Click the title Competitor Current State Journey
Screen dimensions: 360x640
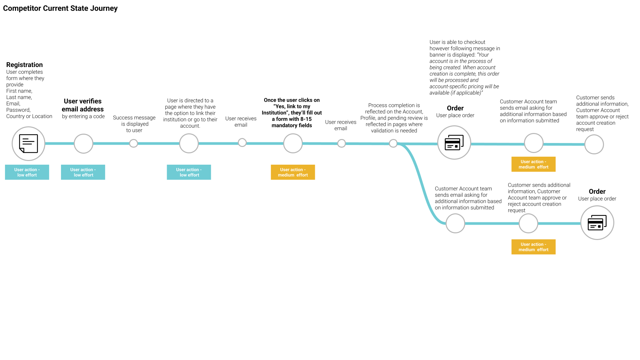(60, 8)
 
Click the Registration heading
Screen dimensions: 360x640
(24, 65)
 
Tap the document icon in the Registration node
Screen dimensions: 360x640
(28, 144)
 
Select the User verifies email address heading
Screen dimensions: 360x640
(83, 105)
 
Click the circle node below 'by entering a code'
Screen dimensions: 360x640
(83, 144)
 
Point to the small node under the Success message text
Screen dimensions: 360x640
(133, 143)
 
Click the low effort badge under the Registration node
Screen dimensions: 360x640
(27, 172)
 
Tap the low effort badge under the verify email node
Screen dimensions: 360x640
(83, 172)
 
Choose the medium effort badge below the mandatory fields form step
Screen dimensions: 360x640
(293, 172)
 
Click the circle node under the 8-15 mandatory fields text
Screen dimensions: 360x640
(293, 143)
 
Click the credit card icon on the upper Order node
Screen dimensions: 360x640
(454, 143)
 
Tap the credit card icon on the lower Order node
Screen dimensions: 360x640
(597, 223)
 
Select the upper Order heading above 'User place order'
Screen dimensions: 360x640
(455, 108)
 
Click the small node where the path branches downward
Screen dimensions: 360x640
(393, 143)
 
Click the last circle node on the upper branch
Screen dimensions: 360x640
(594, 144)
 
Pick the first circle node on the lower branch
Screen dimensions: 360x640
(455, 223)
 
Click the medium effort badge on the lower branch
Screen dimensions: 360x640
(533, 247)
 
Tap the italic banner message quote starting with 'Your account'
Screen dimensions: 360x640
(464, 74)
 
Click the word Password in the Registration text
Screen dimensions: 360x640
(18, 110)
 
